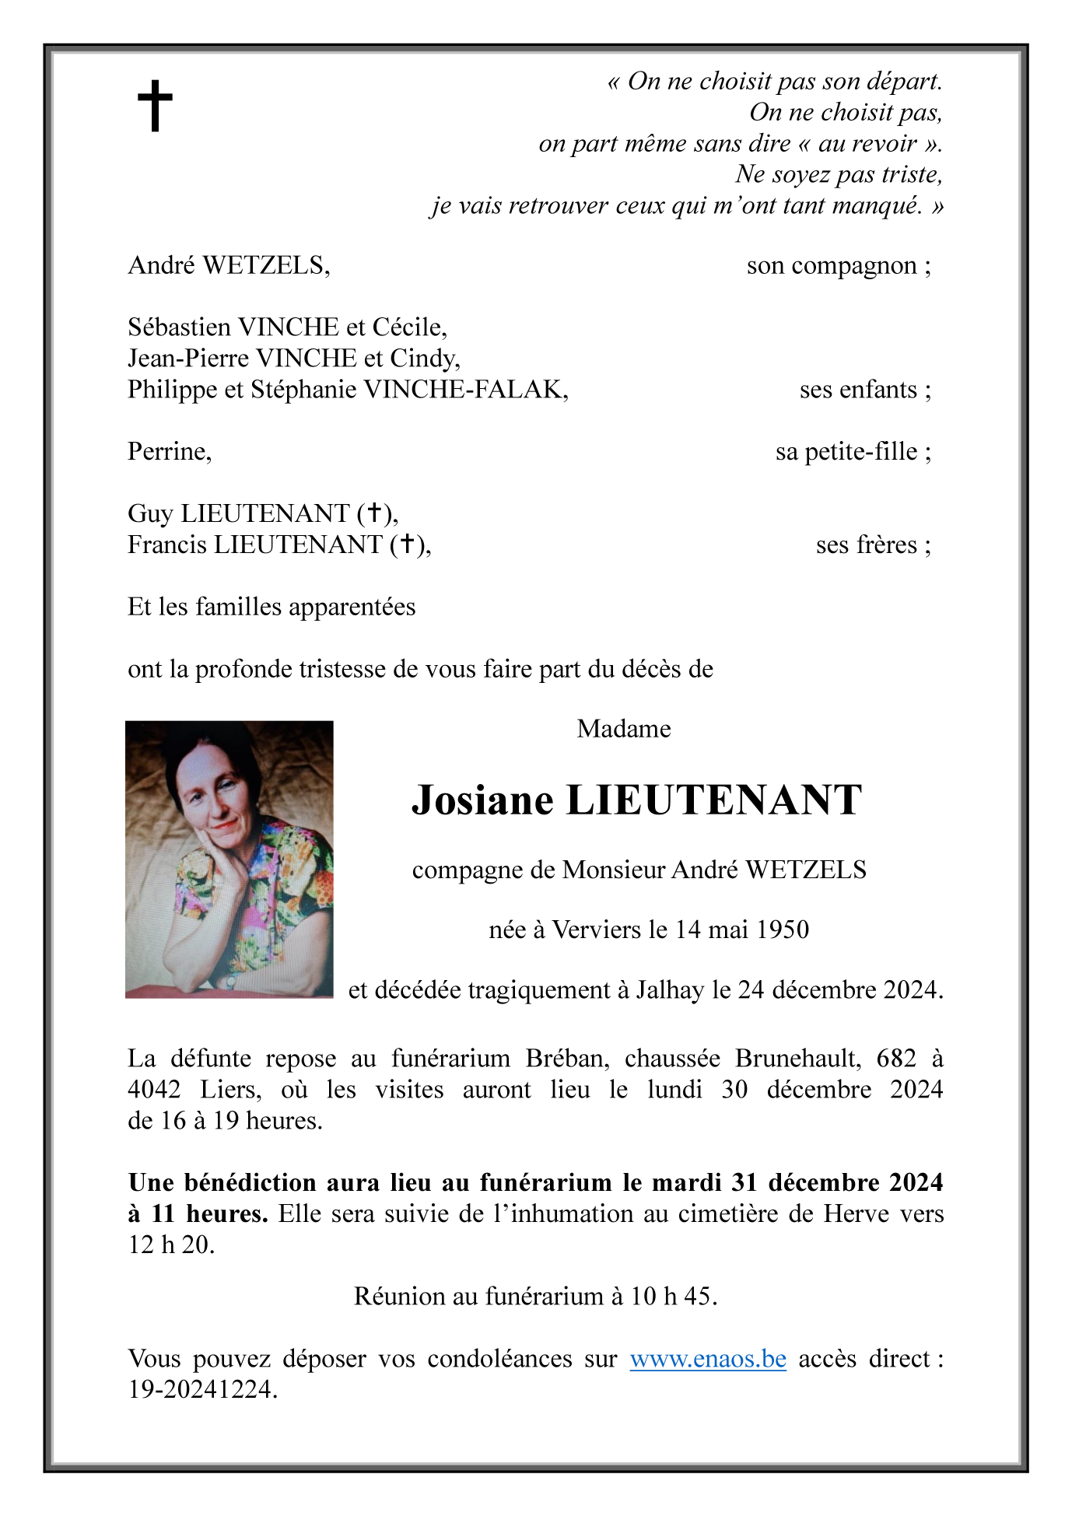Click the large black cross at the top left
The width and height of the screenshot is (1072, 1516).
click(x=155, y=106)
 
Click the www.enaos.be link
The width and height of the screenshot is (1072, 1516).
click(x=707, y=1359)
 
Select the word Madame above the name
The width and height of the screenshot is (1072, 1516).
click(x=623, y=729)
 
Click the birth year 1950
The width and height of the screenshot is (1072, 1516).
click(x=783, y=930)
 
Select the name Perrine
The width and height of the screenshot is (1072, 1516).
click(x=168, y=452)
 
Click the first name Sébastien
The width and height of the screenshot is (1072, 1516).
click(x=179, y=327)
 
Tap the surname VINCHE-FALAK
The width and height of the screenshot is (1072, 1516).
click(x=464, y=389)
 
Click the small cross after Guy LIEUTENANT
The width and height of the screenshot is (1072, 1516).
click(x=374, y=513)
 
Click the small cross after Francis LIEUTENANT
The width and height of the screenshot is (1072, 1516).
click(x=407, y=544)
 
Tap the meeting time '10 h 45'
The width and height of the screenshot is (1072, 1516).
click(x=671, y=1297)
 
